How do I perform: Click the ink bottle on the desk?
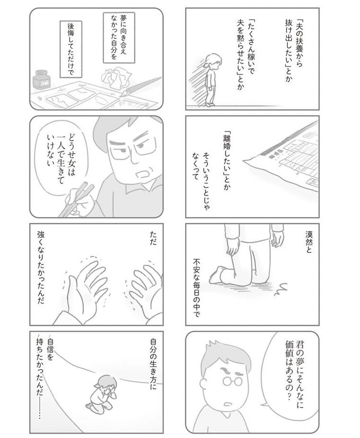(43, 81)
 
